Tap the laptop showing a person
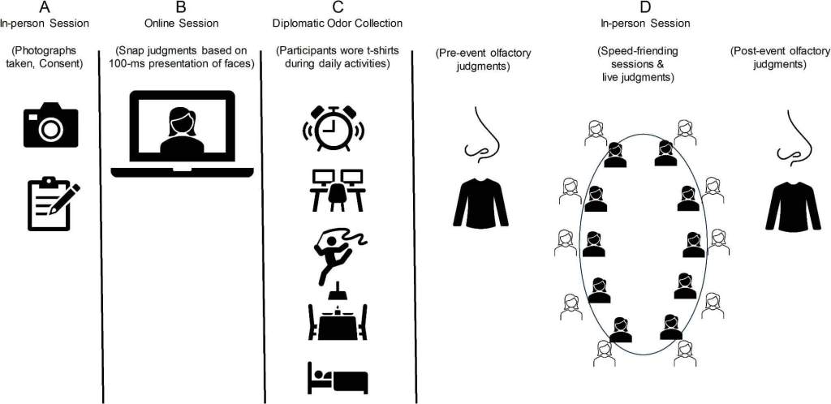[x=182, y=133]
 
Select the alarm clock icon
[x=334, y=128]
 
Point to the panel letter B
[x=181, y=7]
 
